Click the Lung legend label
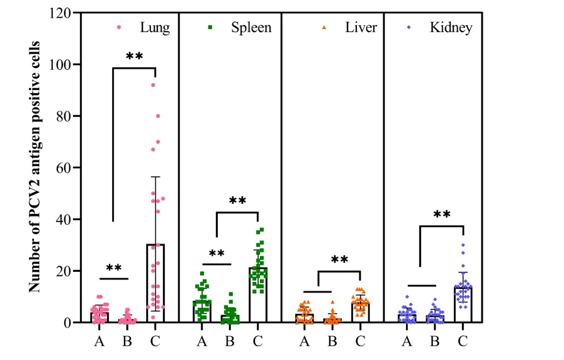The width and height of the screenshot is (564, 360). tap(155, 28)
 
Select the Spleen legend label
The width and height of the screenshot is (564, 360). tap(251, 28)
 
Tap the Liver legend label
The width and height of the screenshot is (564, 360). tap(361, 28)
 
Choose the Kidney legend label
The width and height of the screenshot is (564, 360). tap(451, 28)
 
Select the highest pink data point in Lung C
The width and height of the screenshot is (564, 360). tap(152, 85)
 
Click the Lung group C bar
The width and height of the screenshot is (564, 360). tap(155, 283)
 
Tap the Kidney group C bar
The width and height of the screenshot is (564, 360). tap(463, 305)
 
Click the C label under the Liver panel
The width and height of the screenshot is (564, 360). tap(360, 342)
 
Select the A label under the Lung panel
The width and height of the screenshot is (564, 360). tap(99, 342)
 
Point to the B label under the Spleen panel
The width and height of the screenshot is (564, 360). tap(230, 342)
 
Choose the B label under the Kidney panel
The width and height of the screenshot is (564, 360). tap(435, 342)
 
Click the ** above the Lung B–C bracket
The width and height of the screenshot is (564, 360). tap(134, 57)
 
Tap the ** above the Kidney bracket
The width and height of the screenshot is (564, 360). tap(442, 215)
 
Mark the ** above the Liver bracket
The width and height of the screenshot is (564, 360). tap(339, 261)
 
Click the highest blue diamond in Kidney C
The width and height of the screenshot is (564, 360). tap(463, 245)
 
